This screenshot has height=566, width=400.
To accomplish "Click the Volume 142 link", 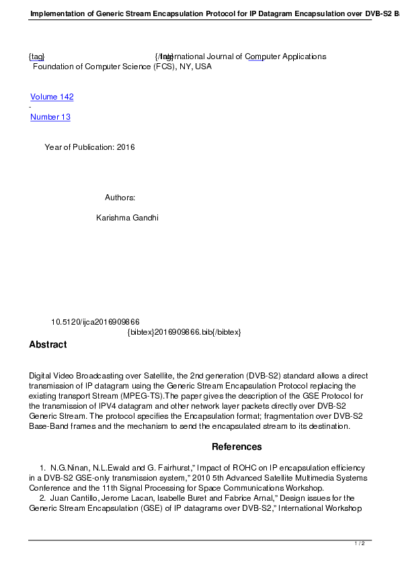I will (x=52, y=97).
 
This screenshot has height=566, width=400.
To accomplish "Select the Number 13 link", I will (x=50, y=117).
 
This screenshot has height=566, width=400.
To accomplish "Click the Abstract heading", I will (x=48, y=345).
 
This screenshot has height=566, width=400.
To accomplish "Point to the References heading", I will (x=237, y=447).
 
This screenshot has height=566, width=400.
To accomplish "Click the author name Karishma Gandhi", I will (x=127, y=218).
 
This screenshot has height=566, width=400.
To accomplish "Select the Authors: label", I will (x=120, y=198).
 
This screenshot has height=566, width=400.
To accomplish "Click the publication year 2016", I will (x=126, y=147).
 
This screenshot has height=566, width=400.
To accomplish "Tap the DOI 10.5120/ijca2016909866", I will (x=95, y=322).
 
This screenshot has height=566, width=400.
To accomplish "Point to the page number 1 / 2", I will (x=360, y=543).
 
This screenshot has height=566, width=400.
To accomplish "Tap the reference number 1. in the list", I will (x=43, y=467).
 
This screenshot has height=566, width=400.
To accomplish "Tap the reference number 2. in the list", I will (x=43, y=498).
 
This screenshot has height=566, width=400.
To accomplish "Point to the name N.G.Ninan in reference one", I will (x=69, y=467).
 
